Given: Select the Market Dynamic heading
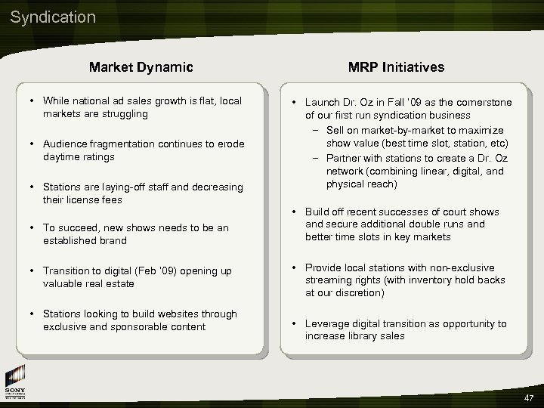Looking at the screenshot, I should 141,67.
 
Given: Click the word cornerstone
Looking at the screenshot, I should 481,102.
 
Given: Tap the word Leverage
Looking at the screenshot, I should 326,323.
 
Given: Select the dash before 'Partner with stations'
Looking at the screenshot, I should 317,158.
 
